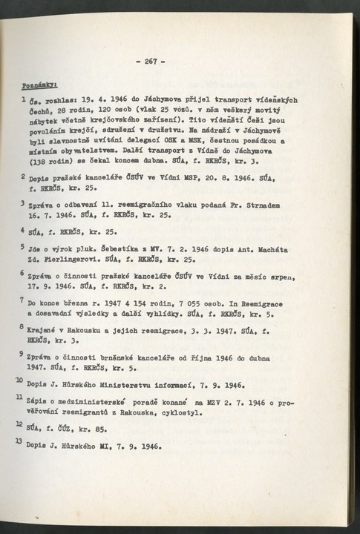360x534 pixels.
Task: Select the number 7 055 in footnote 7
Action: coord(192,303)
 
